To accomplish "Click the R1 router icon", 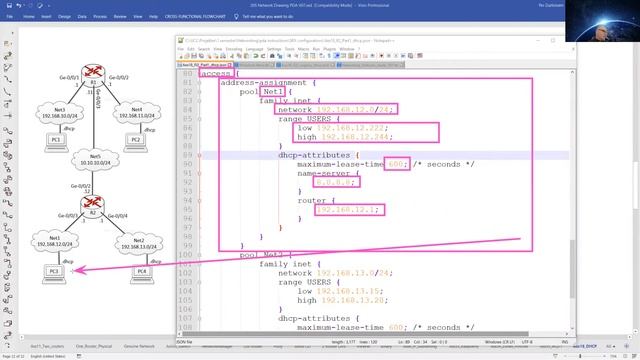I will point(94,73).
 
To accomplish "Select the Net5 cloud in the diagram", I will point(94,162).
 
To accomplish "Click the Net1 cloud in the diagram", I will point(54,241).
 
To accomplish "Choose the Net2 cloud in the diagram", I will point(139,245).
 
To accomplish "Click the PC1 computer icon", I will point(53,137).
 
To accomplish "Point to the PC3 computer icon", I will point(54,270).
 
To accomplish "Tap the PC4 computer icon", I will point(141,270).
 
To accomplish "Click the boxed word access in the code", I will point(217,74).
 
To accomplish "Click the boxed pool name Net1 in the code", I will point(273,91).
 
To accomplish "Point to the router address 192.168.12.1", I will point(346,209).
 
